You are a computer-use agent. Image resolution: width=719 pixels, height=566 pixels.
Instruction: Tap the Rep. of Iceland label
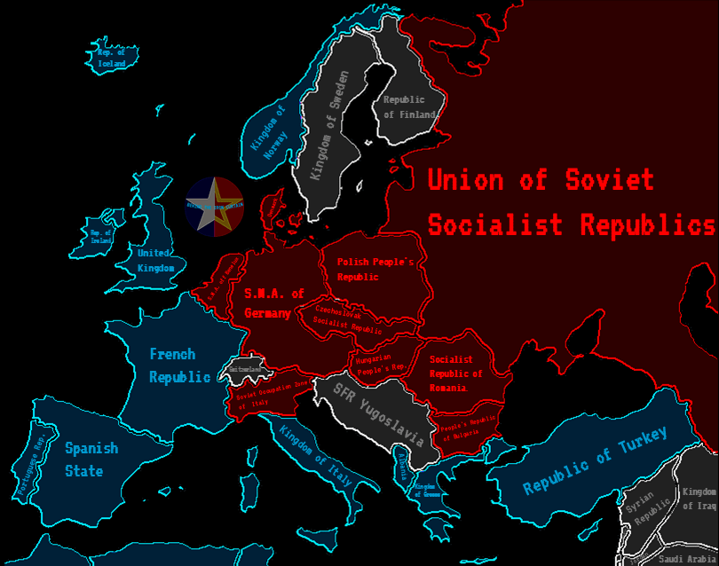click(111, 58)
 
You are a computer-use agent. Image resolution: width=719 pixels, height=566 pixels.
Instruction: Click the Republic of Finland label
click(409, 107)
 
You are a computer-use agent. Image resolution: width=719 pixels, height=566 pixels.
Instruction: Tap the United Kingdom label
click(155, 260)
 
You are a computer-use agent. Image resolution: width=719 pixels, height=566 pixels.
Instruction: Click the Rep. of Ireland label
click(100, 235)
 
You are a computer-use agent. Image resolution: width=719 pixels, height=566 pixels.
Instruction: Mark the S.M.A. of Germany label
click(273, 303)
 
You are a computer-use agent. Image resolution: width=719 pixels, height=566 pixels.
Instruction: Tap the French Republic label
click(179, 366)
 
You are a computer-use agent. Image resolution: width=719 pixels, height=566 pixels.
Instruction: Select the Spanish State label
click(91, 460)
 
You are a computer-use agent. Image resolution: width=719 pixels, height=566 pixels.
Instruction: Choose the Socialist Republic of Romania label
click(455, 373)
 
